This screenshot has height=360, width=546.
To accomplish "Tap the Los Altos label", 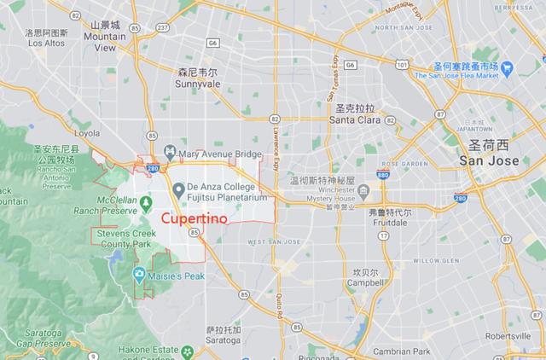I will (44, 43).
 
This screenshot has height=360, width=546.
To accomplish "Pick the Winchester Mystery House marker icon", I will (363, 189).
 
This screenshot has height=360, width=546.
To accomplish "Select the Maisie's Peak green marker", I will (139, 273).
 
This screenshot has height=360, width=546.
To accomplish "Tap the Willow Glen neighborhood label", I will (435, 259).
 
